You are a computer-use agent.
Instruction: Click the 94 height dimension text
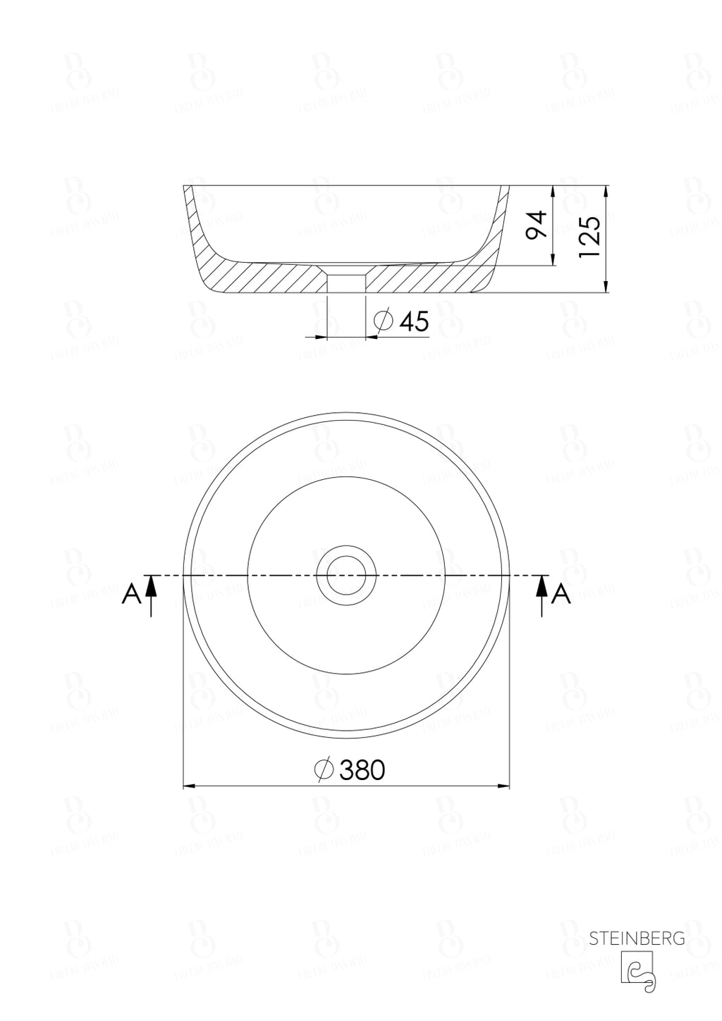tap(538, 225)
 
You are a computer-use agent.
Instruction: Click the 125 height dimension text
tap(589, 237)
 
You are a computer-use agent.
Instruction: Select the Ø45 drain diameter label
tap(403, 321)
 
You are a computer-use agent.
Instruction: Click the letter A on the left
tap(130, 595)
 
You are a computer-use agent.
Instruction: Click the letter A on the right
tap(561, 595)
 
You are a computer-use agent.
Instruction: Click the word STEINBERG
tap(637, 938)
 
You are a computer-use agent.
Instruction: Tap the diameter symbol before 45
tap(383, 321)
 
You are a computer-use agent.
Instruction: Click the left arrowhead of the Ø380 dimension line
tap(189, 786)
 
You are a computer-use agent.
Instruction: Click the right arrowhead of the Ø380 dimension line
tap(504, 786)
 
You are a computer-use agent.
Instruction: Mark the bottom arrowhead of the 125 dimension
tap(606, 286)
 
